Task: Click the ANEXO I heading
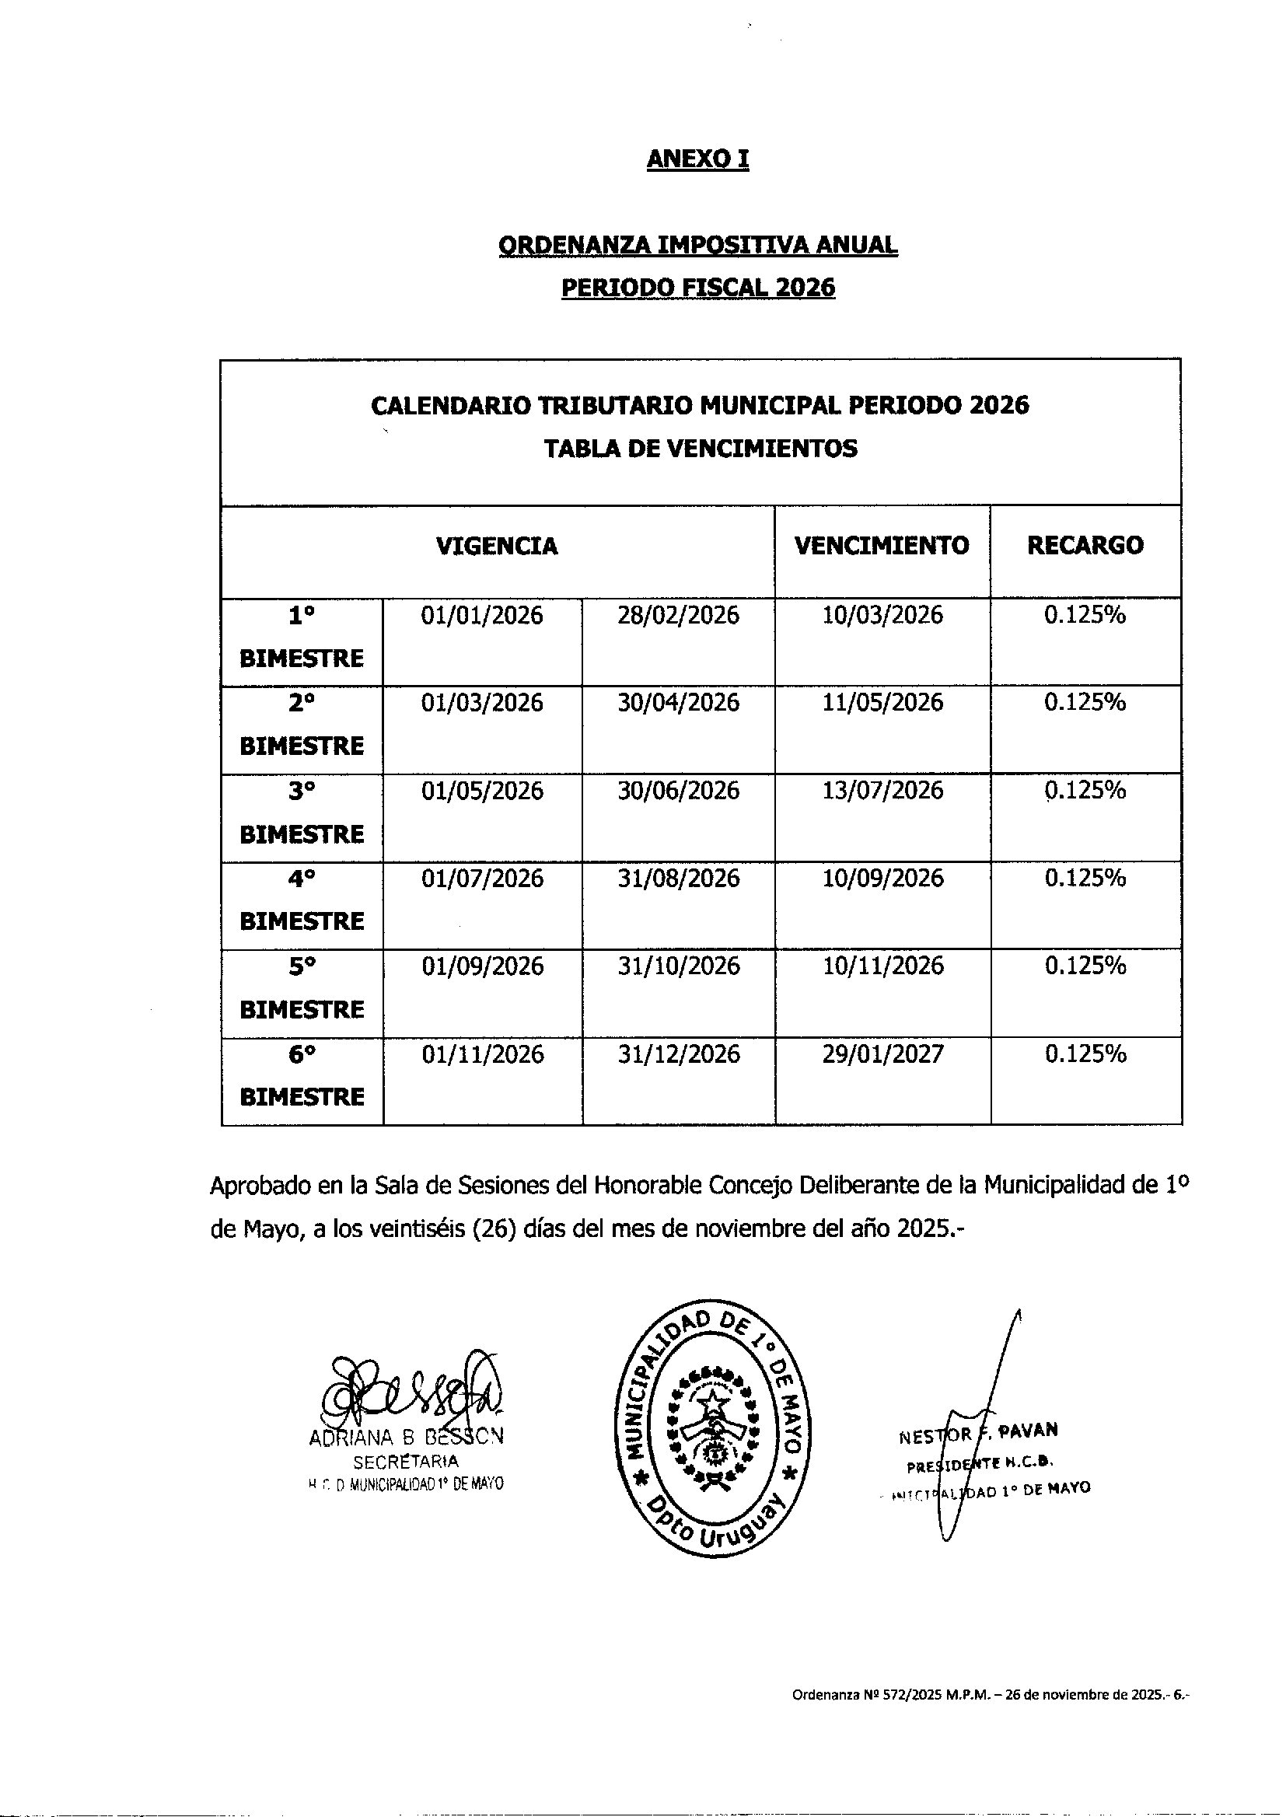(697, 159)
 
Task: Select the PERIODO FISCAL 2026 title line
(697, 288)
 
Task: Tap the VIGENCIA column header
(497, 547)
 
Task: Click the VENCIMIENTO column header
(882, 546)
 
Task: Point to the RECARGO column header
(1085, 546)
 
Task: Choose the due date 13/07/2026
(882, 790)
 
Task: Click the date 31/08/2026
(679, 878)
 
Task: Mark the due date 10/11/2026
(882, 966)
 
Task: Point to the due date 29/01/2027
(882, 1054)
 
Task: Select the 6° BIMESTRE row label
(301, 1075)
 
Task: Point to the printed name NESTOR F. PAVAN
(979, 1433)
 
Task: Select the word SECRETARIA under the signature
(405, 1462)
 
